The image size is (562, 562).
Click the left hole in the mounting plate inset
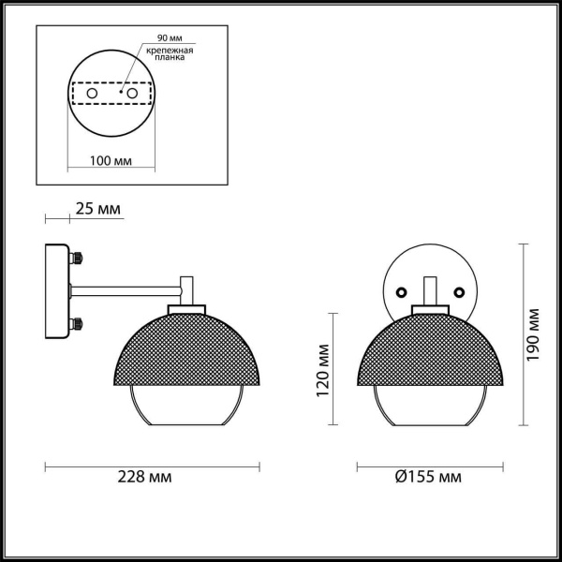pos(93,95)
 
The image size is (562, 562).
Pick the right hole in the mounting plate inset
pos(133,95)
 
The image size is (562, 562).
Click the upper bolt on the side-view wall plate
pos(77,256)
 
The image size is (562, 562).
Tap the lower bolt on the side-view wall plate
pos(77,325)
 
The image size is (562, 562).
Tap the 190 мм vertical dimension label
pos(534,335)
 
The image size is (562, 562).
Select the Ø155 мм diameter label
pos(429,477)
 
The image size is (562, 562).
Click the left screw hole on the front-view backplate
pos(403,292)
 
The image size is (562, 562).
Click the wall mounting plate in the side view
pos(57,290)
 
